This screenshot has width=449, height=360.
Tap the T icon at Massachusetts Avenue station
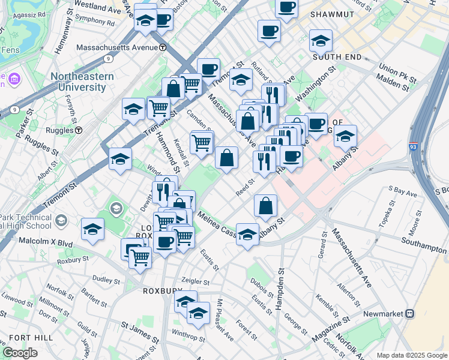click(x=163, y=47)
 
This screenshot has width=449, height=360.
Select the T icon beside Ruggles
click(x=78, y=130)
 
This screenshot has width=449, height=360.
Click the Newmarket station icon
click(x=410, y=313)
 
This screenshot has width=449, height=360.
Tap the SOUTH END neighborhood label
click(x=337, y=57)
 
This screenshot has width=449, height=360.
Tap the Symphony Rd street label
click(x=94, y=20)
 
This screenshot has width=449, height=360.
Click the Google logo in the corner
click(x=20, y=353)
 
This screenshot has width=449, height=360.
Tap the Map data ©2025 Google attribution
click(x=412, y=355)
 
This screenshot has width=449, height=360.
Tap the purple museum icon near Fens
click(x=14, y=79)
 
